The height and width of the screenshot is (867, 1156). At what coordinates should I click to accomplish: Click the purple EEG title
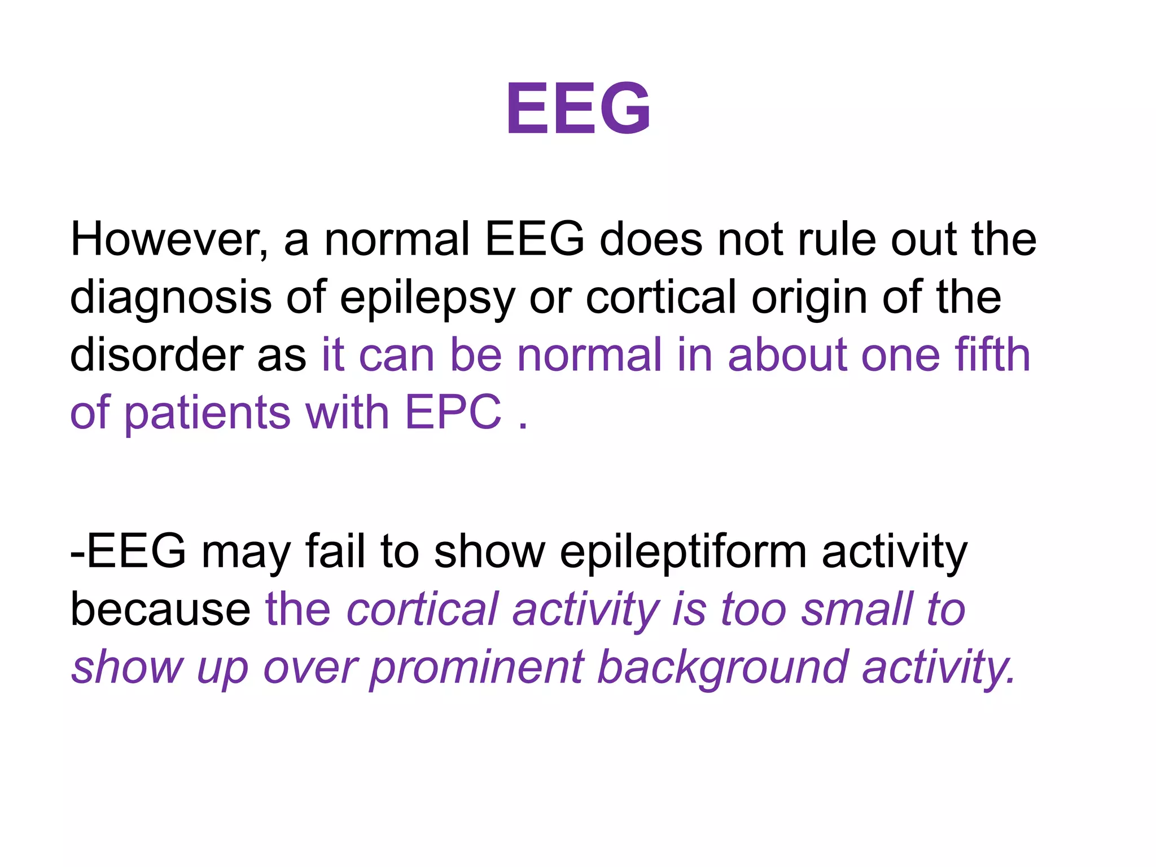pos(578,108)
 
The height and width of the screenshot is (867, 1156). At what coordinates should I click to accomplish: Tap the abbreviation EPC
pos(453,412)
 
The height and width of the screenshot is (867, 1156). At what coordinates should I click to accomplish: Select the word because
pos(160,610)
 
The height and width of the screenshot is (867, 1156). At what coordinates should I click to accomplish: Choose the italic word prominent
pos(477,668)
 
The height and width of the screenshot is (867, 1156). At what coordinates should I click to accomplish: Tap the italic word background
pos(722,668)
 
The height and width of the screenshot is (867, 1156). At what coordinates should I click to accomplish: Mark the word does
pos(651,239)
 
